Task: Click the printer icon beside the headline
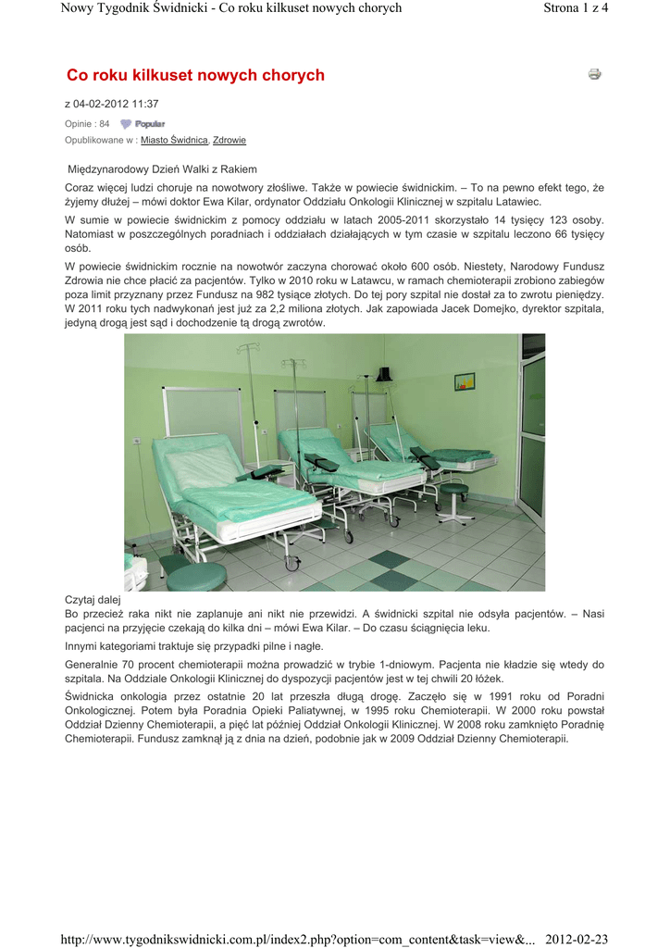[x=594, y=74]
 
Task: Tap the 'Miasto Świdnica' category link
[x=174, y=140]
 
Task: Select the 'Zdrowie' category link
[x=230, y=140]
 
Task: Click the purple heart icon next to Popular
[x=126, y=124]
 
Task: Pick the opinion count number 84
[x=104, y=124]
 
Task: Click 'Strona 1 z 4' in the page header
[x=575, y=8]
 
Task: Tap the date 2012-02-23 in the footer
[x=576, y=939]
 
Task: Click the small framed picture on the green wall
[x=465, y=380]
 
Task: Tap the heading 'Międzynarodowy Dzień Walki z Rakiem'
[x=164, y=169]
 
